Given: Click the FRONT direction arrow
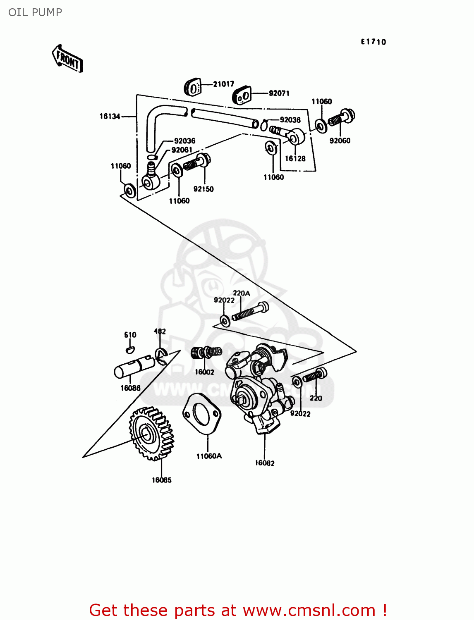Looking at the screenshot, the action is pyautogui.click(x=67, y=59).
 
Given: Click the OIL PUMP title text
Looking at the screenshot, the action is pyautogui.click(x=35, y=12).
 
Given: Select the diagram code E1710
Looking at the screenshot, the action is pyautogui.click(x=373, y=42).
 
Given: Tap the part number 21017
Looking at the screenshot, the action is pyautogui.click(x=223, y=84).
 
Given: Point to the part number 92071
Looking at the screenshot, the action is pyautogui.click(x=279, y=93).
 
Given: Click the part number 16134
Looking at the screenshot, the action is pyautogui.click(x=110, y=117).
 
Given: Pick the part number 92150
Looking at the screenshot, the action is pyautogui.click(x=203, y=189).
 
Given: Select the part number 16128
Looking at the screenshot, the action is pyautogui.click(x=295, y=158).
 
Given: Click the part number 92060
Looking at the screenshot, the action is pyautogui.click(x=340, y=141).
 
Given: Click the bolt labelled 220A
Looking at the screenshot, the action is pyautogui.click(x=251, y=312).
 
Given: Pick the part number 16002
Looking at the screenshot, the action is pyautogui.click(x=204, y=372).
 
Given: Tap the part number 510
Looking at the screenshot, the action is pyautogui.click(x=130, y=335).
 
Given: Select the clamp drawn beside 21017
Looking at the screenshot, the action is pyautogui.click(x=192, y=87).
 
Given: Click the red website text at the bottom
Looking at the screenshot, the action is pyautogui.click(x=238, y=610).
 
